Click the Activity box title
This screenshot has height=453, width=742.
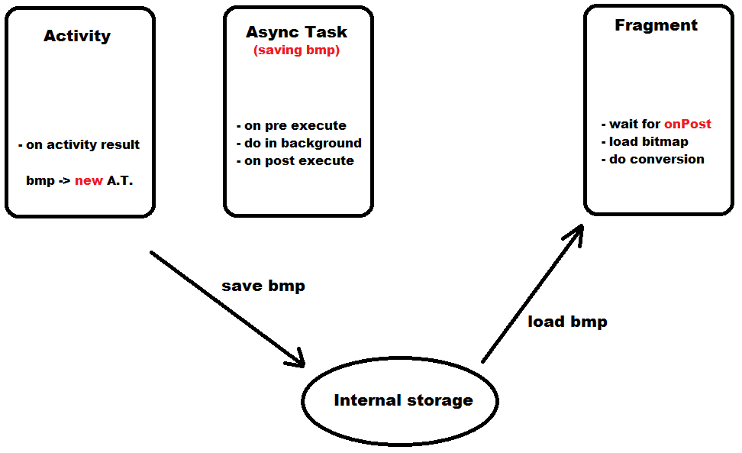coord(77,36)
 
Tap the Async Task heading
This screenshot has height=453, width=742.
coord(296,32)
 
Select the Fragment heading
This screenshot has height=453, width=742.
coord(656,25)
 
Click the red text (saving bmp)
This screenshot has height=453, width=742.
coord(296,51)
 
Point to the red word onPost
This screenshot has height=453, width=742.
coord(687,124)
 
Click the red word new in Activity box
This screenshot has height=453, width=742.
coord(89,182)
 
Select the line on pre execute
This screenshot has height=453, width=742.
coord(291,125)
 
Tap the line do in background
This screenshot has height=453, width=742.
coord(298,143)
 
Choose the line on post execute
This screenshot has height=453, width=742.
coord(295,160)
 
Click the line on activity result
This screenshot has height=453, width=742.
coord(79,144)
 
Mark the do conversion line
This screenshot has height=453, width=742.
coord(653,159)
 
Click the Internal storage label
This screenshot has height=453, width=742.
coord(403,400)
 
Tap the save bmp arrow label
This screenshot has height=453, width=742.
coord(263,286)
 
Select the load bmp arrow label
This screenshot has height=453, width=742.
coord(567,322)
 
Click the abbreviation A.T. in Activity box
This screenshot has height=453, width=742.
coord(120,182)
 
